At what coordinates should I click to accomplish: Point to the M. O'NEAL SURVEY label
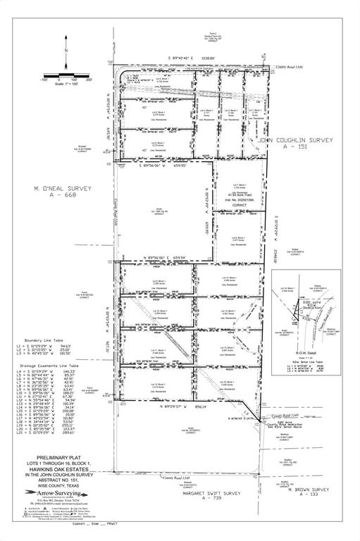(x=62, y=191)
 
